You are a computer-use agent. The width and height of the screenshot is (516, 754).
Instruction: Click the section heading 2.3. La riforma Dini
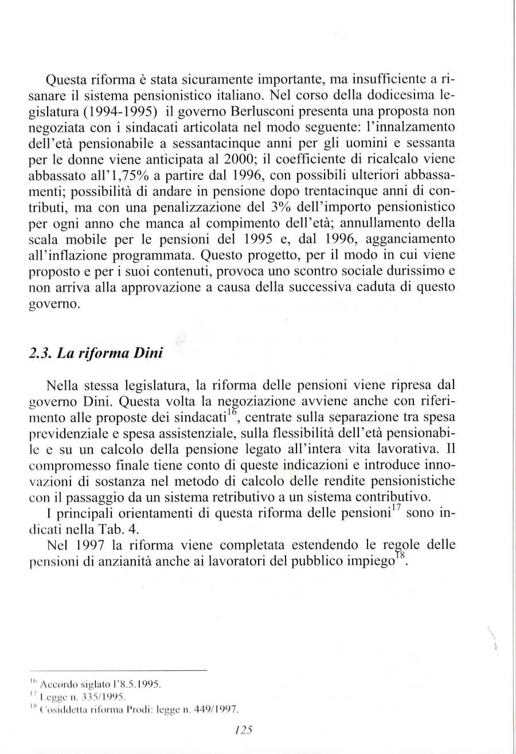coord(96,353)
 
